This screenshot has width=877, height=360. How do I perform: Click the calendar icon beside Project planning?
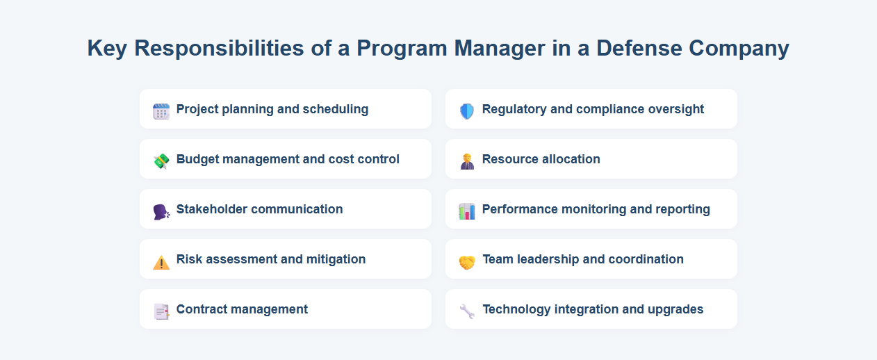click(x=161, y=111)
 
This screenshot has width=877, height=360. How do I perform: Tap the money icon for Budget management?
click(x=161, y=161)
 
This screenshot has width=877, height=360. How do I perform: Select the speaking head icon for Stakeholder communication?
click(x=161, y=211)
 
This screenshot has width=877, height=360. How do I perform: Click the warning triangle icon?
click(x=161, y=261)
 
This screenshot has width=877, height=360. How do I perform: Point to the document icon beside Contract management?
click(x=161, y=311)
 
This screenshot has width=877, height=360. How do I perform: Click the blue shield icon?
click(x=467, y=111)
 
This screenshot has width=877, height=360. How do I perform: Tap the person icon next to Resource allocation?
click(x=467, y=161)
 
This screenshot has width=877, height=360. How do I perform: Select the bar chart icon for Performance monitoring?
click(x=467, y=211)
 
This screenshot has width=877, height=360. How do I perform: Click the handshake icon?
click(x=467, y=261)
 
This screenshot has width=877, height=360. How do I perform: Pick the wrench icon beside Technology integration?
click(x=467, y=311)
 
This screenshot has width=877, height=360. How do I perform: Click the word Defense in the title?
click(x=639, y=48)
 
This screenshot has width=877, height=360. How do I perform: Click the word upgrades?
click(x=675, y=309)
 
